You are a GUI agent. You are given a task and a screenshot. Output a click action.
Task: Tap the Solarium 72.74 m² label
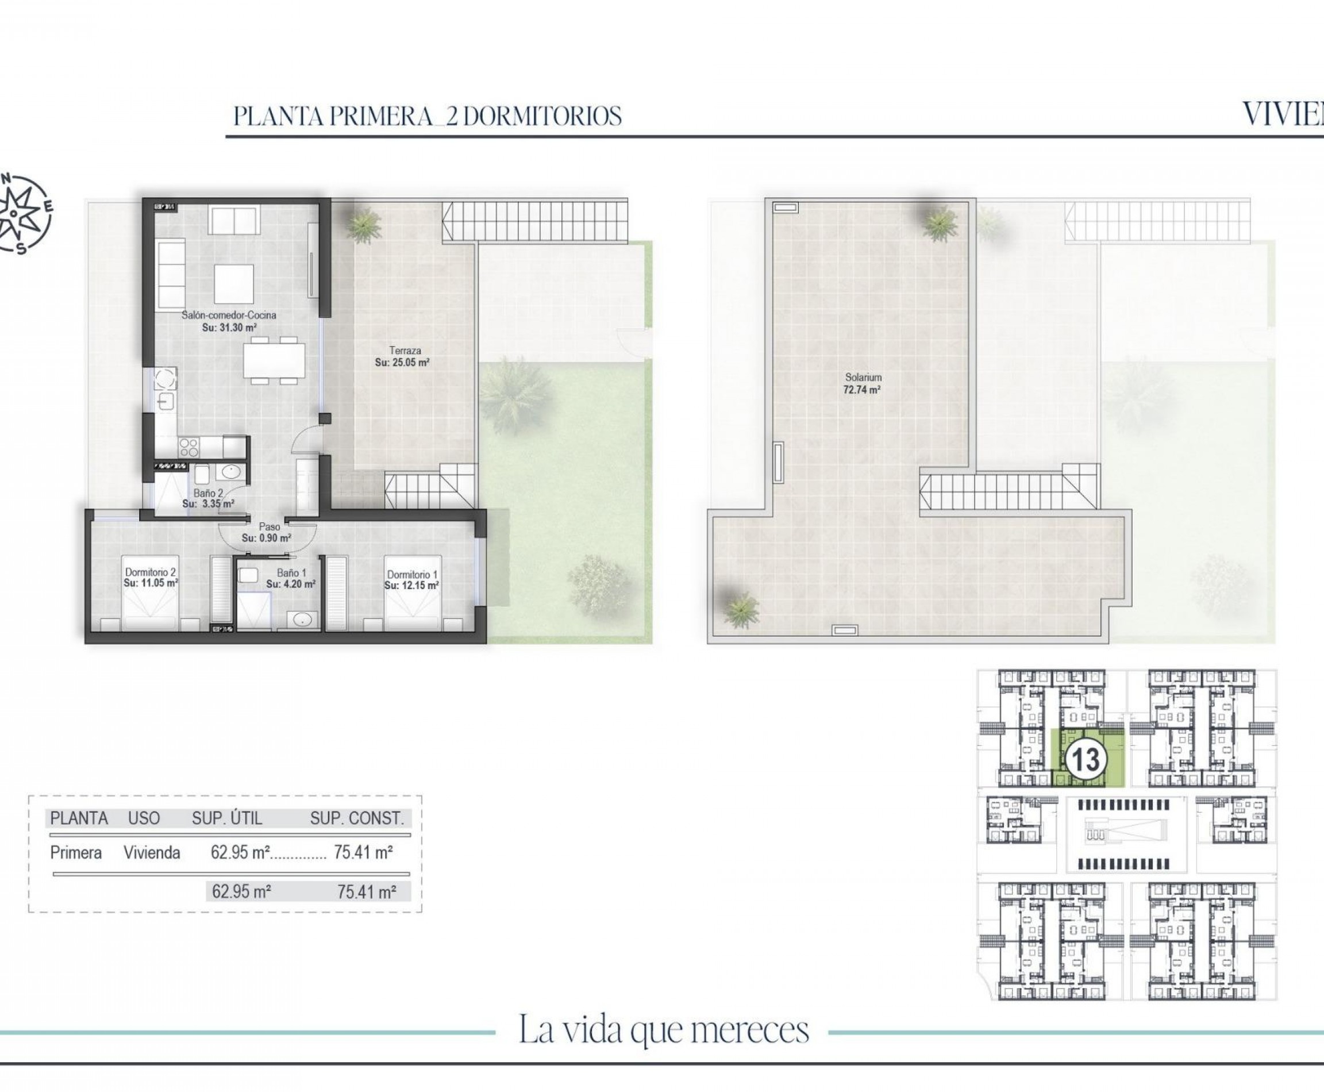tap(863, 383)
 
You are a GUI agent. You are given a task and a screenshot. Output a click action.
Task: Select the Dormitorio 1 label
tap(412, 579)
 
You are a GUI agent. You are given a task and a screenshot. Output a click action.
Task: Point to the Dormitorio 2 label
tap(151, 578)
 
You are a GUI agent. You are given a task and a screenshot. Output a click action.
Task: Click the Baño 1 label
tap(291, 578)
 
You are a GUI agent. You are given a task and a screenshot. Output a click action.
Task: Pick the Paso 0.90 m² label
tap(267, 533)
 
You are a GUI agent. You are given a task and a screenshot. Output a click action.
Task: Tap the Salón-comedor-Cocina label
tap(229, 321)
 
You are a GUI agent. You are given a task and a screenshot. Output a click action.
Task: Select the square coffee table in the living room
tap(234, 284)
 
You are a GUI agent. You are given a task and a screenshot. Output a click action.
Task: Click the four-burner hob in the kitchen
tap(188, 447)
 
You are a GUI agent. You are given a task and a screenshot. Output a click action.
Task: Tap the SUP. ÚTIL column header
tap(227, 818)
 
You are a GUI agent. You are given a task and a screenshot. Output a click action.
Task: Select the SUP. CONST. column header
tap(357, 818)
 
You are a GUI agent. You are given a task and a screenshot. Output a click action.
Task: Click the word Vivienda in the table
tap(152, 853)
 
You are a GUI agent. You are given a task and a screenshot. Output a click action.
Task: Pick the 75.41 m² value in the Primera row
tap(364, 853)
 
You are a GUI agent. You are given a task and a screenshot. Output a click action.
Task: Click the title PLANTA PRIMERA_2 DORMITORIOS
tap(428, 116)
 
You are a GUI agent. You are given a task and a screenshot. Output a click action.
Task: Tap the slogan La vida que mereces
tap(664, 1030)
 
